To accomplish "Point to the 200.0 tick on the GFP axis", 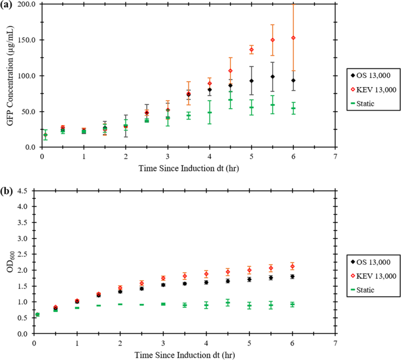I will tap(26, 4).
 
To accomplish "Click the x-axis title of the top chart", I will tap(187, 169).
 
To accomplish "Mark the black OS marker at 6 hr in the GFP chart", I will tap(293, 80).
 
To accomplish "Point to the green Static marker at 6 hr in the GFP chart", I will tap(293, 108).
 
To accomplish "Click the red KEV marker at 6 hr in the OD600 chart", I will tap(292, 266).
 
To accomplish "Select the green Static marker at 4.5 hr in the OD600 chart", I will tap(228, 303).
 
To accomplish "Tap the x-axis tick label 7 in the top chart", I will tap(335, 157).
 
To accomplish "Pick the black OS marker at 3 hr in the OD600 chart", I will tap(163, 285).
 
